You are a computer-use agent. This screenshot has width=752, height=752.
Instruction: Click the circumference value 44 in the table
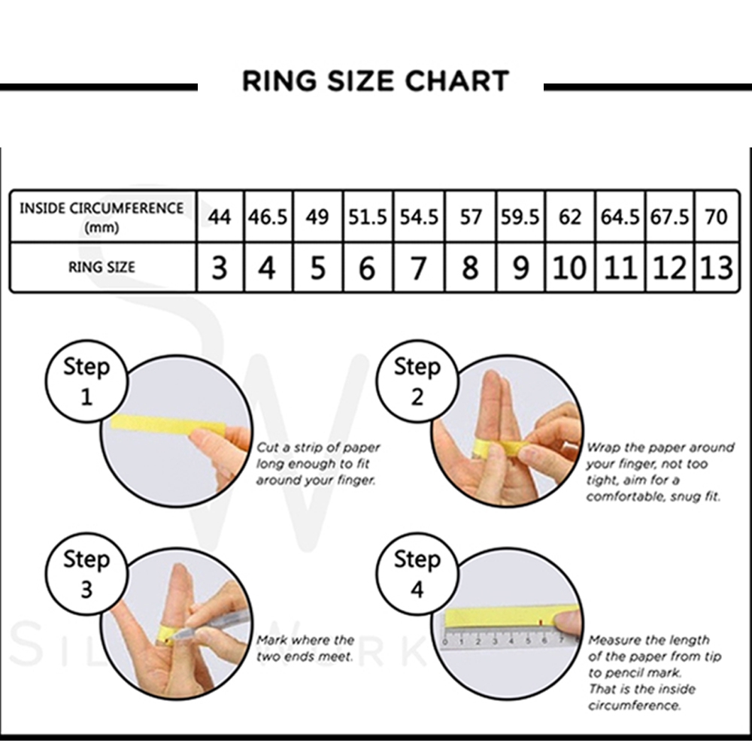(219, 217)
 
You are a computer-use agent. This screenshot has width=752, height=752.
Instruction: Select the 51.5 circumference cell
(368, 217)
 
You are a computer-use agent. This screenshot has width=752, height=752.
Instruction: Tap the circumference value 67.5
(669, 217)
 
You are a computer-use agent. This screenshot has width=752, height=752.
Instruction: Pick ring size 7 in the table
(419, 268)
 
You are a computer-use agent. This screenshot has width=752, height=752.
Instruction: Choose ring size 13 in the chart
(717, 268)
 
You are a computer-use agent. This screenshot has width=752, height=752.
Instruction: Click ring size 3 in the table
(220, 268)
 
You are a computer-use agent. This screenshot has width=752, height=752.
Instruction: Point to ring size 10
(569, 268)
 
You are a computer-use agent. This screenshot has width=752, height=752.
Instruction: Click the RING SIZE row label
(102, 267)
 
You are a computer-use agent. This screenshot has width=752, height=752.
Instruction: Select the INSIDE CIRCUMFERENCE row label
(102, 217)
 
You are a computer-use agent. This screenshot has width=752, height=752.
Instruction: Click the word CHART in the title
(457, 80)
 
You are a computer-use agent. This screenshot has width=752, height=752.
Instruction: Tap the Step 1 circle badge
(86, 381)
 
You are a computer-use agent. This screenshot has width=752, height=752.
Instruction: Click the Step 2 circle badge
(417, 381)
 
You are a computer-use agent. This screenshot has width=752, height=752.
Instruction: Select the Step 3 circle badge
(86, 574)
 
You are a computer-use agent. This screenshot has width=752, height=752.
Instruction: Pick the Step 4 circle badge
(417, 574)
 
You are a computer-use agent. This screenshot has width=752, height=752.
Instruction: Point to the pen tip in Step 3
(174, 636)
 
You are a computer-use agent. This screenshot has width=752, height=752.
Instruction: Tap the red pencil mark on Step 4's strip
(541, 623)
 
